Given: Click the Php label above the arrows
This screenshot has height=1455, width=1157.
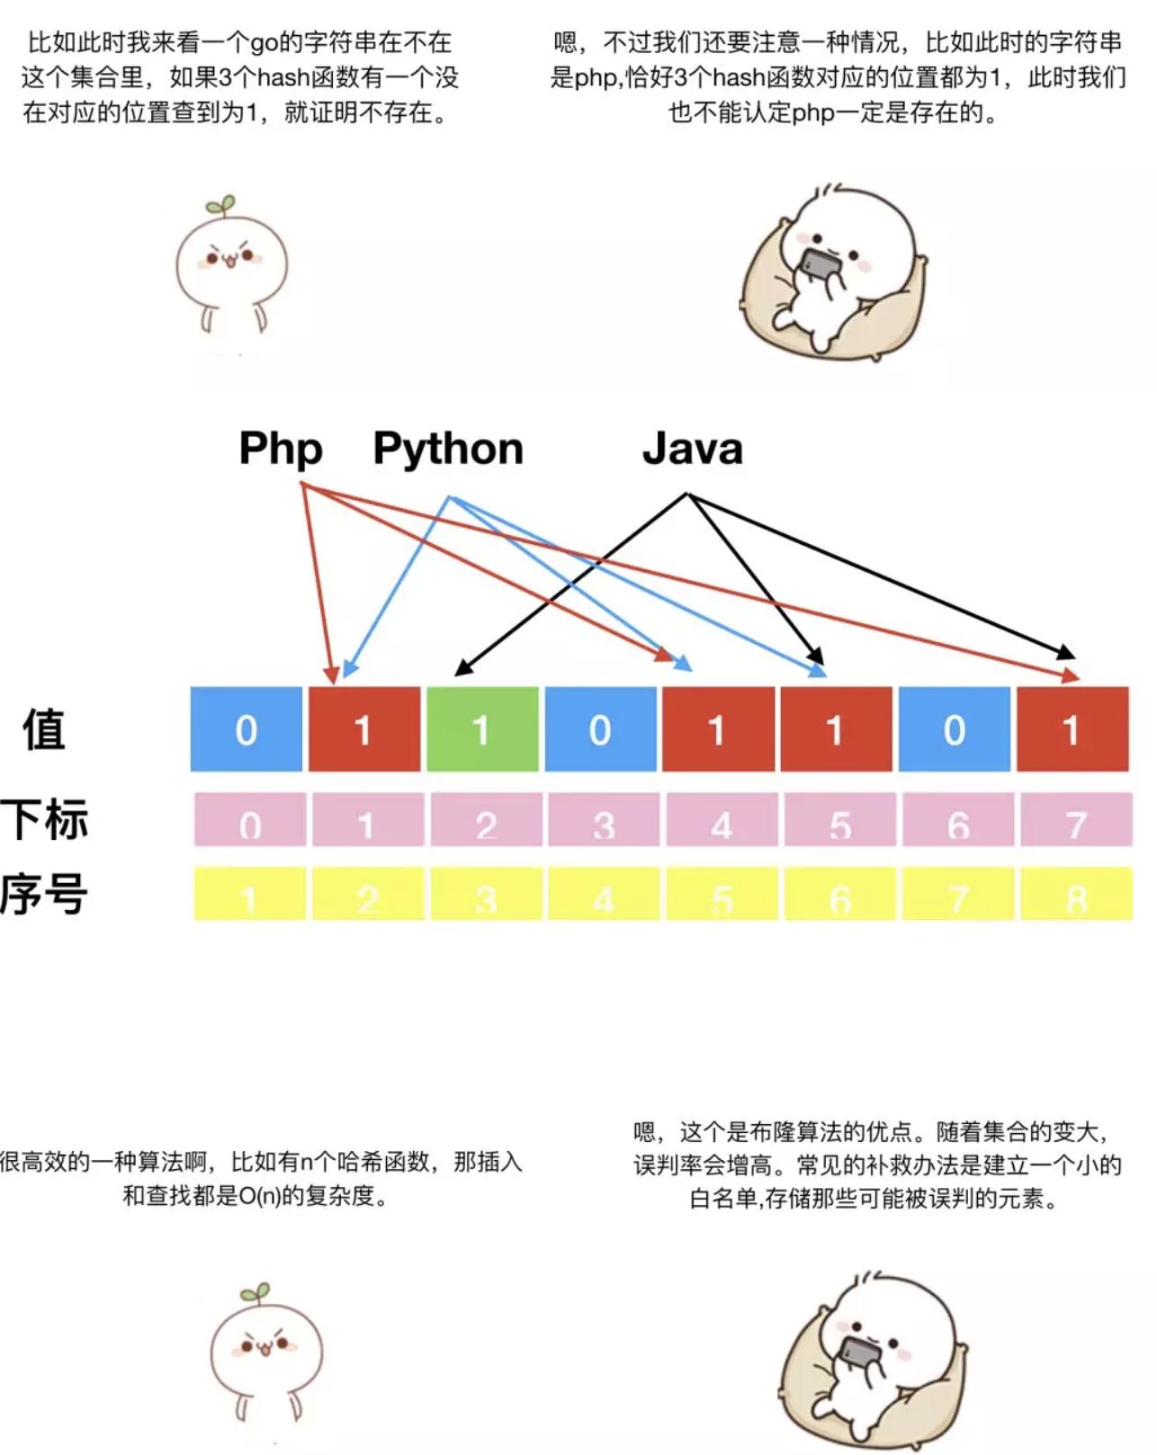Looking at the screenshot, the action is click(280, 449).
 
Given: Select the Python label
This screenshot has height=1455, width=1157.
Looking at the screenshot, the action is click(448, 449).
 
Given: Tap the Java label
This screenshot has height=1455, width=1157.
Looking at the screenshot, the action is click(692, 448).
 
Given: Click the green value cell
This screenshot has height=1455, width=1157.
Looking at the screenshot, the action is click(482, 729).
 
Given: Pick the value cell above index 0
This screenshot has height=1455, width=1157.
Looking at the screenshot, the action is click(247, 729).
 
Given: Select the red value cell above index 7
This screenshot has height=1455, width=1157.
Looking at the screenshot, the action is click(1072, 729).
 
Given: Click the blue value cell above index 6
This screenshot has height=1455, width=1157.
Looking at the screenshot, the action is click(954, 729).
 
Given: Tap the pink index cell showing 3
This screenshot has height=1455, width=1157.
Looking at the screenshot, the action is click(604, 819).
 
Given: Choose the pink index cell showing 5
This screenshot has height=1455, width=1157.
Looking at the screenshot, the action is click(839, 819).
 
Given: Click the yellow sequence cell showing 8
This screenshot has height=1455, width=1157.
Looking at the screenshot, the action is click(1077, 893).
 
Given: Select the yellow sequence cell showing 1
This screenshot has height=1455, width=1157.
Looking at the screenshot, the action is click(250, 893).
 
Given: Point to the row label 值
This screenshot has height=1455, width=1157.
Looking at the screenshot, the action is click(44, 730).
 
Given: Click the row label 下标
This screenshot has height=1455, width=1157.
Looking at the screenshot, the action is click(44, 819).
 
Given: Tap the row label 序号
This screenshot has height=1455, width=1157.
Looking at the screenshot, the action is click(44, 894).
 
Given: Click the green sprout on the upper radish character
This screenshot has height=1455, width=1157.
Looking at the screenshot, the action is click(222, 206).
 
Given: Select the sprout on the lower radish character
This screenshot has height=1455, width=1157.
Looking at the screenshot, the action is click(256, 1293).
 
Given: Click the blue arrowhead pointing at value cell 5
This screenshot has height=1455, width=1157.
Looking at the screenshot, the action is click(817, 669).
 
